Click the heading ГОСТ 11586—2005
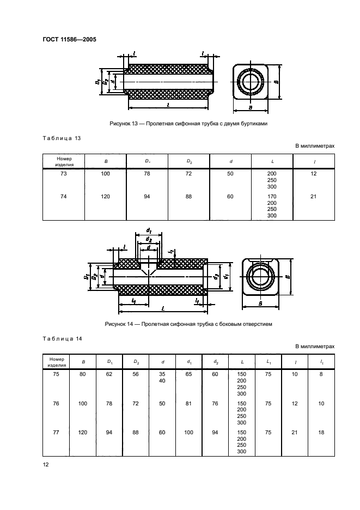tap(70, 39)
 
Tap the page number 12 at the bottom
tap(46, 464)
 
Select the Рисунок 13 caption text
tap(188, 124)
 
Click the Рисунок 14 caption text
tap(188, 324)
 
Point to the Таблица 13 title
tap(62, 138)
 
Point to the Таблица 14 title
tap(62, 338)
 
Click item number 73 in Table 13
tap(63, 174)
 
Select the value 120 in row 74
tap(105, 197)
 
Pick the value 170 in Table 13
tap(272, 197)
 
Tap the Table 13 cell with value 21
tap(314, 197)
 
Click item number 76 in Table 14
tap(56, 403)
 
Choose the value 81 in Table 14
tap(188, 403)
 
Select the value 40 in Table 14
tap(162, 380)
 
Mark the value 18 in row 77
tap(321, 432)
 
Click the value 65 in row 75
tap(188, 374)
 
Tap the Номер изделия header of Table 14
tap(56, 362)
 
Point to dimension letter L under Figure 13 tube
tap(168, 105)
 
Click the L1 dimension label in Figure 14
tap(134, 301)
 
